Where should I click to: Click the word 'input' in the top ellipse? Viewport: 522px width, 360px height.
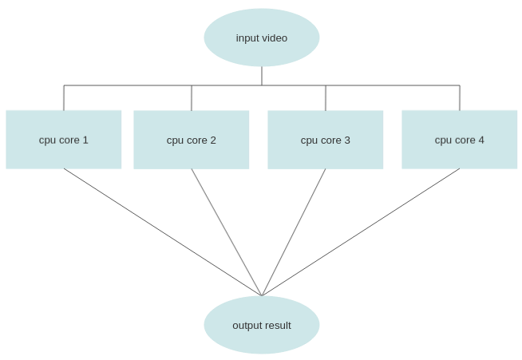(x=248, y=38)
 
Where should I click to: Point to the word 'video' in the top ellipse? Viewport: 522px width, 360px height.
(x=275, y=38)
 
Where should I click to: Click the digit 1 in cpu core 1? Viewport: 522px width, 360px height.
(x=85, y=140)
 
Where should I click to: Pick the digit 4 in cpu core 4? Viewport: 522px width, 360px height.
(x=481, y=140)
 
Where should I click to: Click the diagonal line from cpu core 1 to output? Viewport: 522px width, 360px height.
(x=163, y=232)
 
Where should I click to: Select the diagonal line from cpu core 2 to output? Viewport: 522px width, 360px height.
(x=227, y=232)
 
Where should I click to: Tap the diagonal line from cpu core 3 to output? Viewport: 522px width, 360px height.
(x=294, y=232)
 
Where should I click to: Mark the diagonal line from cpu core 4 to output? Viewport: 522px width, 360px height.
(x=361, y=232)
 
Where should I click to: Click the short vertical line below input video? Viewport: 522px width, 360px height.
(x=262, y=76)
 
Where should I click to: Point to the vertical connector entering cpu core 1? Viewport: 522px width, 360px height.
(x=64, y=98)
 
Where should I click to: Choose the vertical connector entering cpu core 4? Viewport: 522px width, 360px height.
(x=460, y=98)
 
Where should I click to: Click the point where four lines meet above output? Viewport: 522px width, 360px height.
(x=262, y=295)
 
